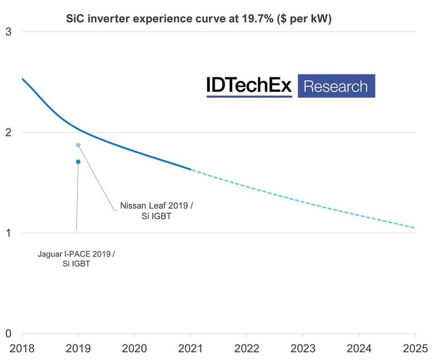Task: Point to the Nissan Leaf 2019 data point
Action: (78, 145)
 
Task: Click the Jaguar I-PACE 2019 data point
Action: (78, 162)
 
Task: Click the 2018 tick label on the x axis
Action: (22, 347)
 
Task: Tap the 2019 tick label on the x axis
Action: (78, 347)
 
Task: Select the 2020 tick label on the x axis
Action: (134, 347)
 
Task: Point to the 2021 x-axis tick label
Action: (191, 347)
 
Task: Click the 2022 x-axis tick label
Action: (247, 347)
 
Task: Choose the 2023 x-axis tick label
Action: (303, 347)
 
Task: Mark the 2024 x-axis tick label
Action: (359, 347)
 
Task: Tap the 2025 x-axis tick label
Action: (415, 347)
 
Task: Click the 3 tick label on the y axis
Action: (8, 32)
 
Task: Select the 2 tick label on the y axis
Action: (8, 132)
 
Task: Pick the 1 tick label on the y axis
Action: (8, 233)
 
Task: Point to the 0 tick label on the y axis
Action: (8, 333)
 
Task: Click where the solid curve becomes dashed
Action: (191, 169)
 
